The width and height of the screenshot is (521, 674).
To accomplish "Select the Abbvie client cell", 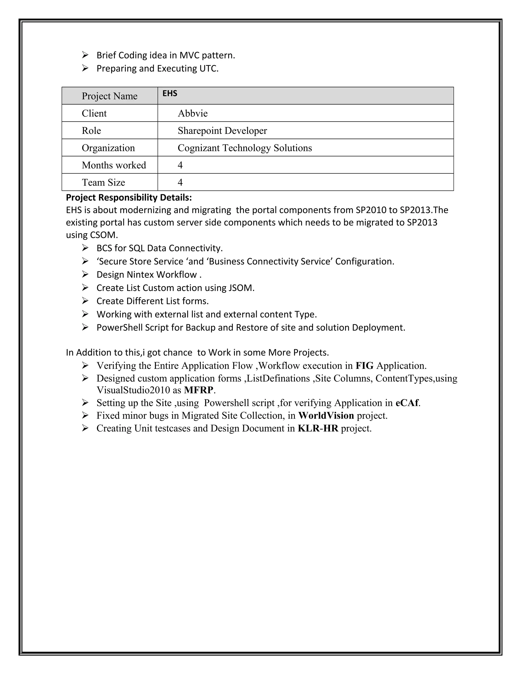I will (x=193, y=113).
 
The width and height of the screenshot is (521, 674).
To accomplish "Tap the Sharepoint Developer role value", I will (x=222, y=130).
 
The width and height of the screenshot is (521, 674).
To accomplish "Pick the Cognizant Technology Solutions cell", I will (x=245, y=148).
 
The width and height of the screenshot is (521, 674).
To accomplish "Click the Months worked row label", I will (x=114, y=165).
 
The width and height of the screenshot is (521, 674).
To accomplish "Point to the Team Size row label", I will (x=103, y=182).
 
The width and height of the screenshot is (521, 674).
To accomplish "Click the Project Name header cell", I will (x=110, y=96).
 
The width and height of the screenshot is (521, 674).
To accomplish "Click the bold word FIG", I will (x=365, y=366).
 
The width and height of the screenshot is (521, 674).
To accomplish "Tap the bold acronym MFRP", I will (x=198, y=390).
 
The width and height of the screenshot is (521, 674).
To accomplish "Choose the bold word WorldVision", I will (x=326, y=416).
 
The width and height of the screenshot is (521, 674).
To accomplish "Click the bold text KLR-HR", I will (x=318, y=428).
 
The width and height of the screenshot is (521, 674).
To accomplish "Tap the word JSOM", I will (x=241, y=288).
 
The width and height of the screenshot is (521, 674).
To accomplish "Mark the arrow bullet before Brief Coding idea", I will (x=85, y=55).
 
